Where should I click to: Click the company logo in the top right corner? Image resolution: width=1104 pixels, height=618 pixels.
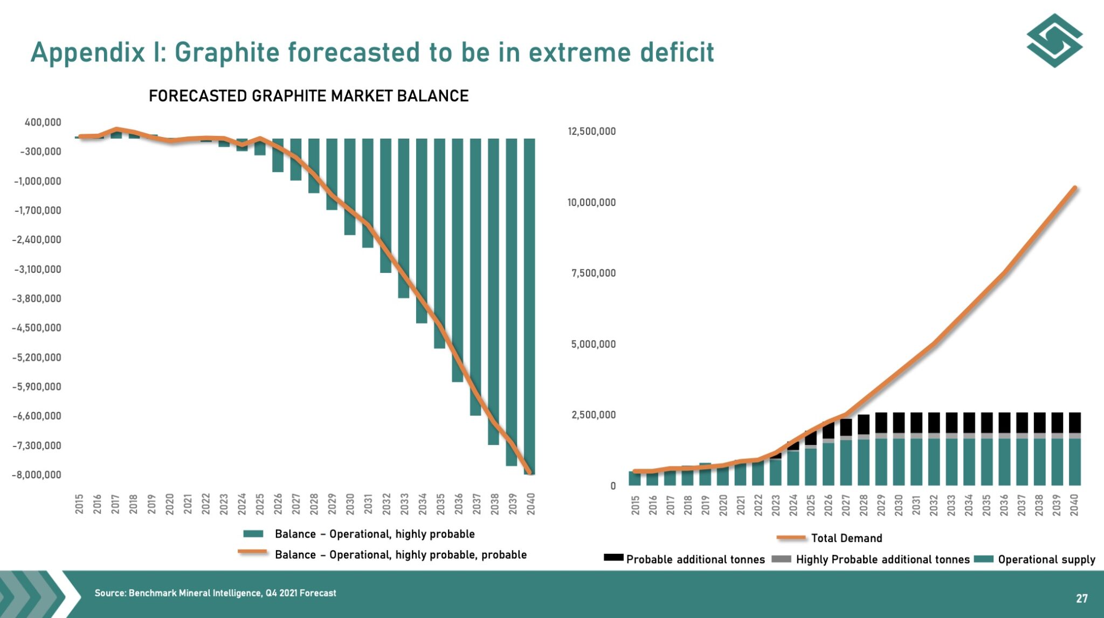coord(1054,41)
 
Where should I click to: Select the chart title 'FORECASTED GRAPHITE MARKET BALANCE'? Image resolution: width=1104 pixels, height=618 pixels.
coord(308,96)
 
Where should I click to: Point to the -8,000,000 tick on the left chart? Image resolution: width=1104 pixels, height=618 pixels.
coord(37,475)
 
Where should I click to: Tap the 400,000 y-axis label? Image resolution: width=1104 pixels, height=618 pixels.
coord(43,122)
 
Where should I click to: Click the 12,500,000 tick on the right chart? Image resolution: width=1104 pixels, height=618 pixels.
coord(591,132)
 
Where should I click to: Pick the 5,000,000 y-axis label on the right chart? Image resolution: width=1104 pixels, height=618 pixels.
coord(593,344)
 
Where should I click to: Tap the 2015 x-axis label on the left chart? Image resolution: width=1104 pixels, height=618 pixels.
coord(79,504)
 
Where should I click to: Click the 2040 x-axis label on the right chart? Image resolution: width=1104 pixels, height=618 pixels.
coord(1074,505)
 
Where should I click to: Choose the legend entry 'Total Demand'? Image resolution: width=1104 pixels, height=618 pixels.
coord(846,538)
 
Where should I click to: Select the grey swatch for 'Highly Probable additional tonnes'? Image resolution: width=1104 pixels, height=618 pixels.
coord(781,559)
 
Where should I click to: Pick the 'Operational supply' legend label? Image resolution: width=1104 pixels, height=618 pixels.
coord(1046,560)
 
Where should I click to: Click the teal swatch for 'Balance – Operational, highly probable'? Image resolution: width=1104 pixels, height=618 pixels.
coord(253,534)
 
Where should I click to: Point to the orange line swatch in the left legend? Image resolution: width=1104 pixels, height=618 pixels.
coord(252,552)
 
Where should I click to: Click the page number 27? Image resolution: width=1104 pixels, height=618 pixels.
coord(1081,599)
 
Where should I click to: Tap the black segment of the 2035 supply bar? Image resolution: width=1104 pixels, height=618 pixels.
coord(986,422)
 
